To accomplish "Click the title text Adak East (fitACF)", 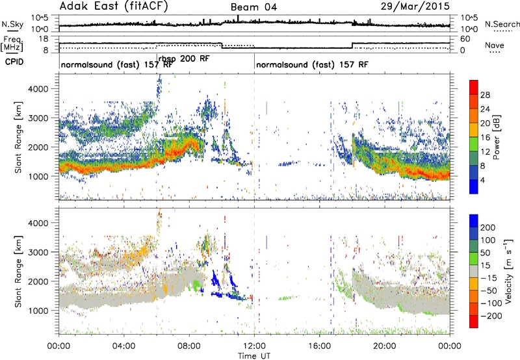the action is (x=113, y=6).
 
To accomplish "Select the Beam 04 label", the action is (x=253, y=7).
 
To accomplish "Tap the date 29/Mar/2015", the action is (x=415, y=6).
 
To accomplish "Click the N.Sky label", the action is (x=12, y=24).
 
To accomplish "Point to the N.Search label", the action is (x=502, y=24).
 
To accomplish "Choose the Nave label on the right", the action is (x=494, y=45).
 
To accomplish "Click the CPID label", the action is (x=14, y=62).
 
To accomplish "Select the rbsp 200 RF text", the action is (x=184, y=58).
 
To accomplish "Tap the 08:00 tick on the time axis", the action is (x=188, y=346).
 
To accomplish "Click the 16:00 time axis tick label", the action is (x=319, y=346).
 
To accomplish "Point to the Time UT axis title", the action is (x=254, y=355).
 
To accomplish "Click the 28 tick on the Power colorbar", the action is (x=485, y=95).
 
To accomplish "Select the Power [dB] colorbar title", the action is (x=497, y=137).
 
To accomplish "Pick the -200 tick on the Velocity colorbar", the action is (x=491, y=316).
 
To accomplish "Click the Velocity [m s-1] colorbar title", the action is (x=508, y=271).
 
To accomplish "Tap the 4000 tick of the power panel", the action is (x=39, y=89).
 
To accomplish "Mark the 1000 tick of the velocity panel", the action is (x=39, y=311).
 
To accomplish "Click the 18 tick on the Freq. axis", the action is (x=44, y=39).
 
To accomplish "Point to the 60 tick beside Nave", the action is (x=465, y=39).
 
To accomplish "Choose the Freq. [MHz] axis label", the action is (x=12, y=45).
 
